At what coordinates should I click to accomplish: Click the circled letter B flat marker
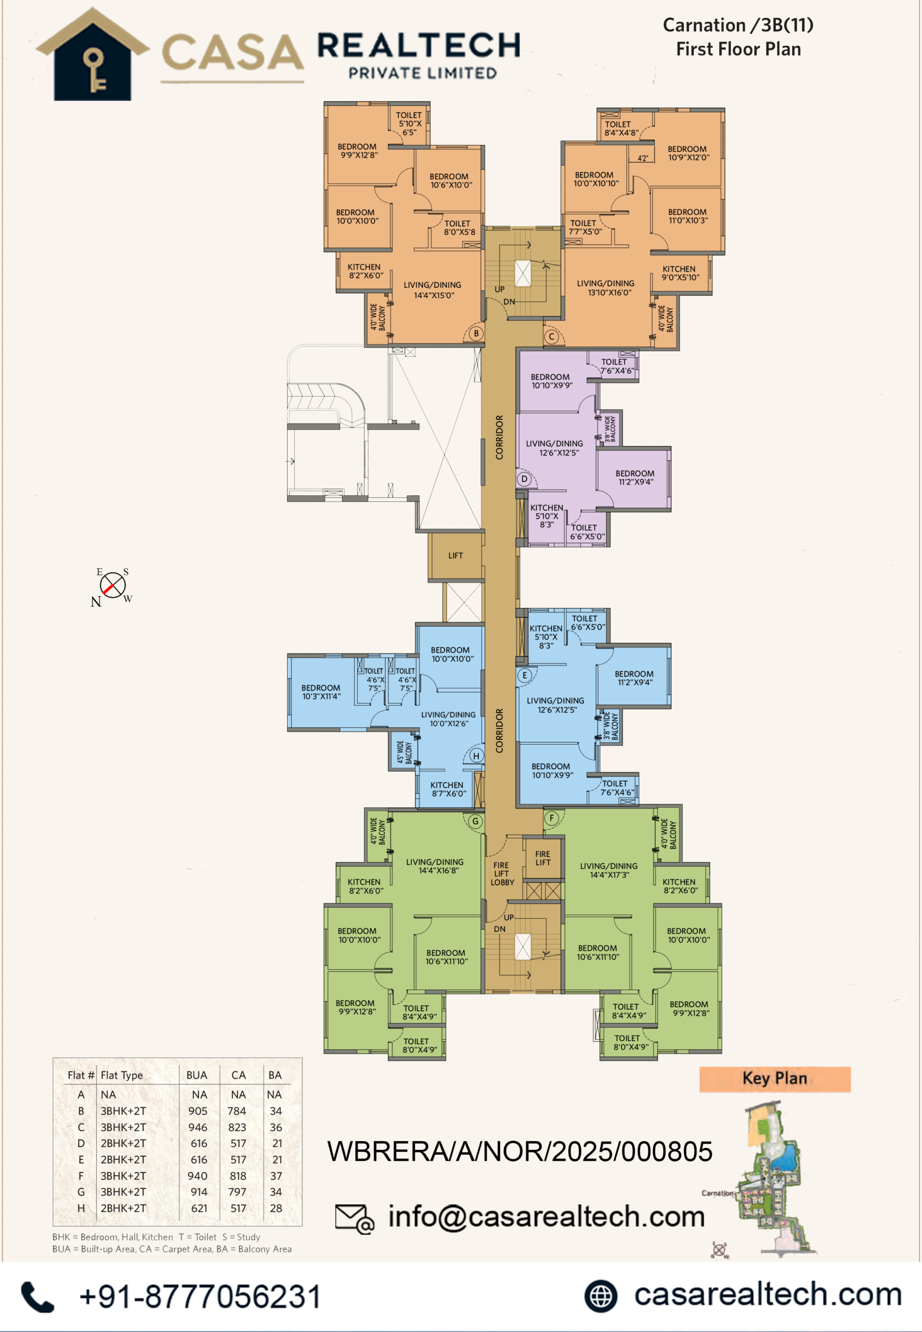[x=476, y=334]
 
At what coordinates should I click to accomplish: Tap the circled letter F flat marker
[x=552, y=818]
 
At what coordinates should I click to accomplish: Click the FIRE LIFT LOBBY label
[x=502, y=874]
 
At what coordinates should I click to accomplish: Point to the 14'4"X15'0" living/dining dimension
[x=434, y=296]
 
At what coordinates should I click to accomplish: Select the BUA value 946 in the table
[x=198, y=1127]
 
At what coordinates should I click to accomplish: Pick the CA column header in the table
[x=239, y=1075]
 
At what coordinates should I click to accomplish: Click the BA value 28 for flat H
[x=276, y=1208]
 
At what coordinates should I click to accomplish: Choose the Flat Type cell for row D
[x=123, y=1143]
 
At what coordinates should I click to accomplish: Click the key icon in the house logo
[x=94, y=70]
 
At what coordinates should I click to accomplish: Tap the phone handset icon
[x=37, y=1296]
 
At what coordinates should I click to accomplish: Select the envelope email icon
[x=355, y=1219]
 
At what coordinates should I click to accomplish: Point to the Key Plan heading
[x=775, y=1078]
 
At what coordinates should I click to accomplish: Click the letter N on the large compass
[x=96, y=601]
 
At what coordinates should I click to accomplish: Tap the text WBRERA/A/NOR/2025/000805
[x=520, y=1151]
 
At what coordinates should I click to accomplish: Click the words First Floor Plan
[x=738, y=49]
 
